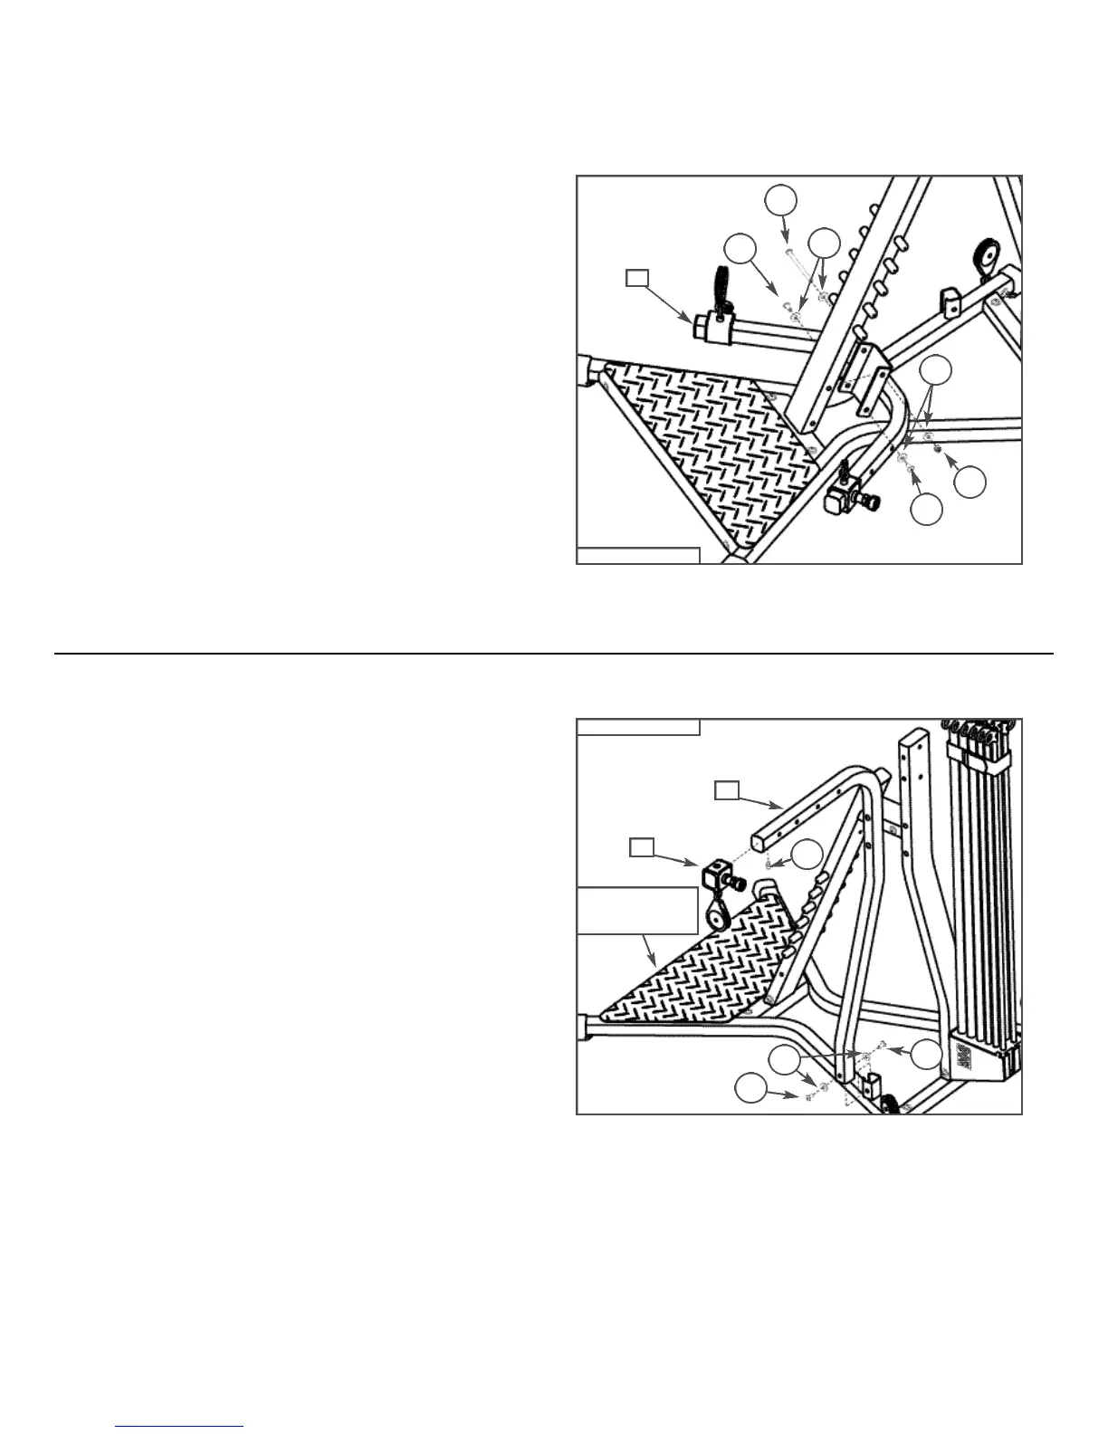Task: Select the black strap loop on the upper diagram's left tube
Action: click(721, 285)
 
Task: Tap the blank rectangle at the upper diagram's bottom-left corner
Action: click(638, 555)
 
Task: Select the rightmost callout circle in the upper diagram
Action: click(969, 481)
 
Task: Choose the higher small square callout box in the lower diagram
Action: click(726, 791)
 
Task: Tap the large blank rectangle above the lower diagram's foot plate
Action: click(638, 910)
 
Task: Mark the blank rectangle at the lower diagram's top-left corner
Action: click(638, 726)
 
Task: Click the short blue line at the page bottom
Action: click(181, 1427)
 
